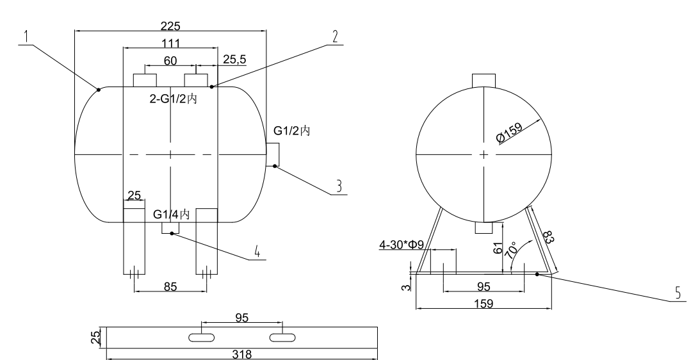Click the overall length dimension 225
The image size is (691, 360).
click(171, 26)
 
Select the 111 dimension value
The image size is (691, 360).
click(170, 43)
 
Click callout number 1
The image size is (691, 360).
click(26, 37)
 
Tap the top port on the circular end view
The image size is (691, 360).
click(484, 80)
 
